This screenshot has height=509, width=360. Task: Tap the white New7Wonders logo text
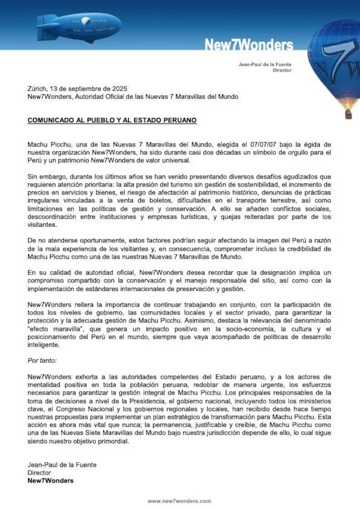pyautogui.click(x=248, y=45)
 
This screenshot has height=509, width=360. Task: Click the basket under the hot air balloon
pyautogui.click(x=348, y=113)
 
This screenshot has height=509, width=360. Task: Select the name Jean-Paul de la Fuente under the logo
pyautogui.click(x=265, y=64)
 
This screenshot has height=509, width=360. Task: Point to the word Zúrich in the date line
pyautogui.click(x=37, y=89)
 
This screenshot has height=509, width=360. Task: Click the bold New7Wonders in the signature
pyautogui.click(x=51, y=480)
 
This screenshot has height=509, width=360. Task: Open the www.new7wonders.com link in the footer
pyautogui.click(x=180, y=501)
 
